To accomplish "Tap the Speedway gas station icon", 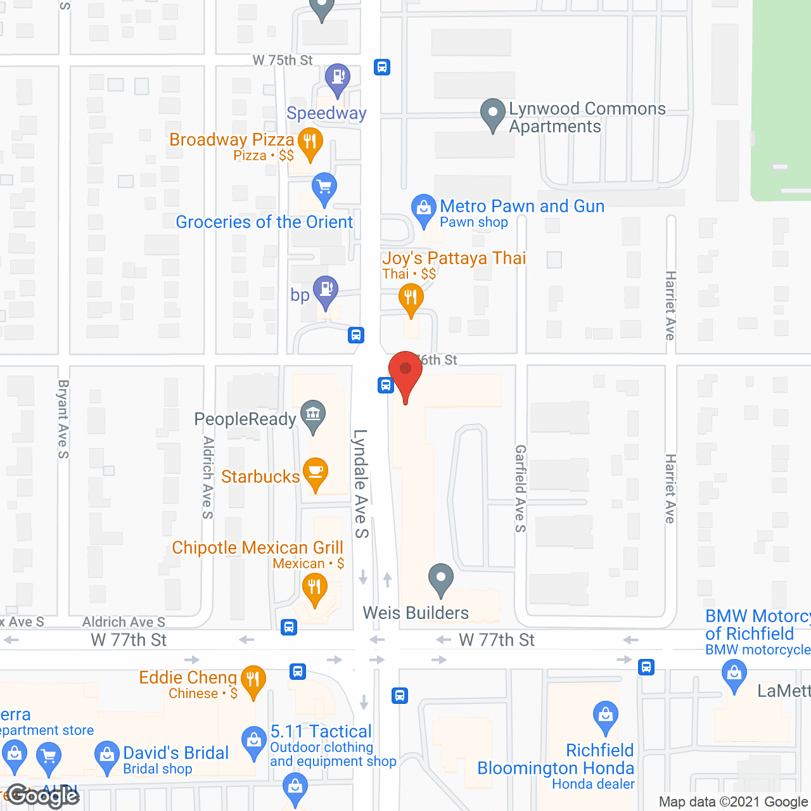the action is tap(337, 78).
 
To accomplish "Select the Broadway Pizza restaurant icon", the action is tap(310, 141).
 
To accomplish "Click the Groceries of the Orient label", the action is tap(264, 222).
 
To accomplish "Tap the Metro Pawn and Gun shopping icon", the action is tap(423, 208).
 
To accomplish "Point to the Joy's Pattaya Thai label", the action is tap(454, 259).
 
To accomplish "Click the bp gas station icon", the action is tap(326, 290).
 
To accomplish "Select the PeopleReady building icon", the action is tap(313, 414).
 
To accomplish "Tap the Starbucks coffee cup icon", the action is tap(315, 472).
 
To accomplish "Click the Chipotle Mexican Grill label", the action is tap(257, 548).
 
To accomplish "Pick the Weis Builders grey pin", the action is tap(440, 578).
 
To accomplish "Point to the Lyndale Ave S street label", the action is tap(361, 484).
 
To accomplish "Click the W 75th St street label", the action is tap(283, 60).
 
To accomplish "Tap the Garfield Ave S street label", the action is tap(520, 489).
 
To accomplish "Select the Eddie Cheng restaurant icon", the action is tap(253, 680).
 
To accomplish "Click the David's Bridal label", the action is tap(176, 753).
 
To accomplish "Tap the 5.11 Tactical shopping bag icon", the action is tap(254, 741).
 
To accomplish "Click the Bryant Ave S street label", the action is tap(63, 419).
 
